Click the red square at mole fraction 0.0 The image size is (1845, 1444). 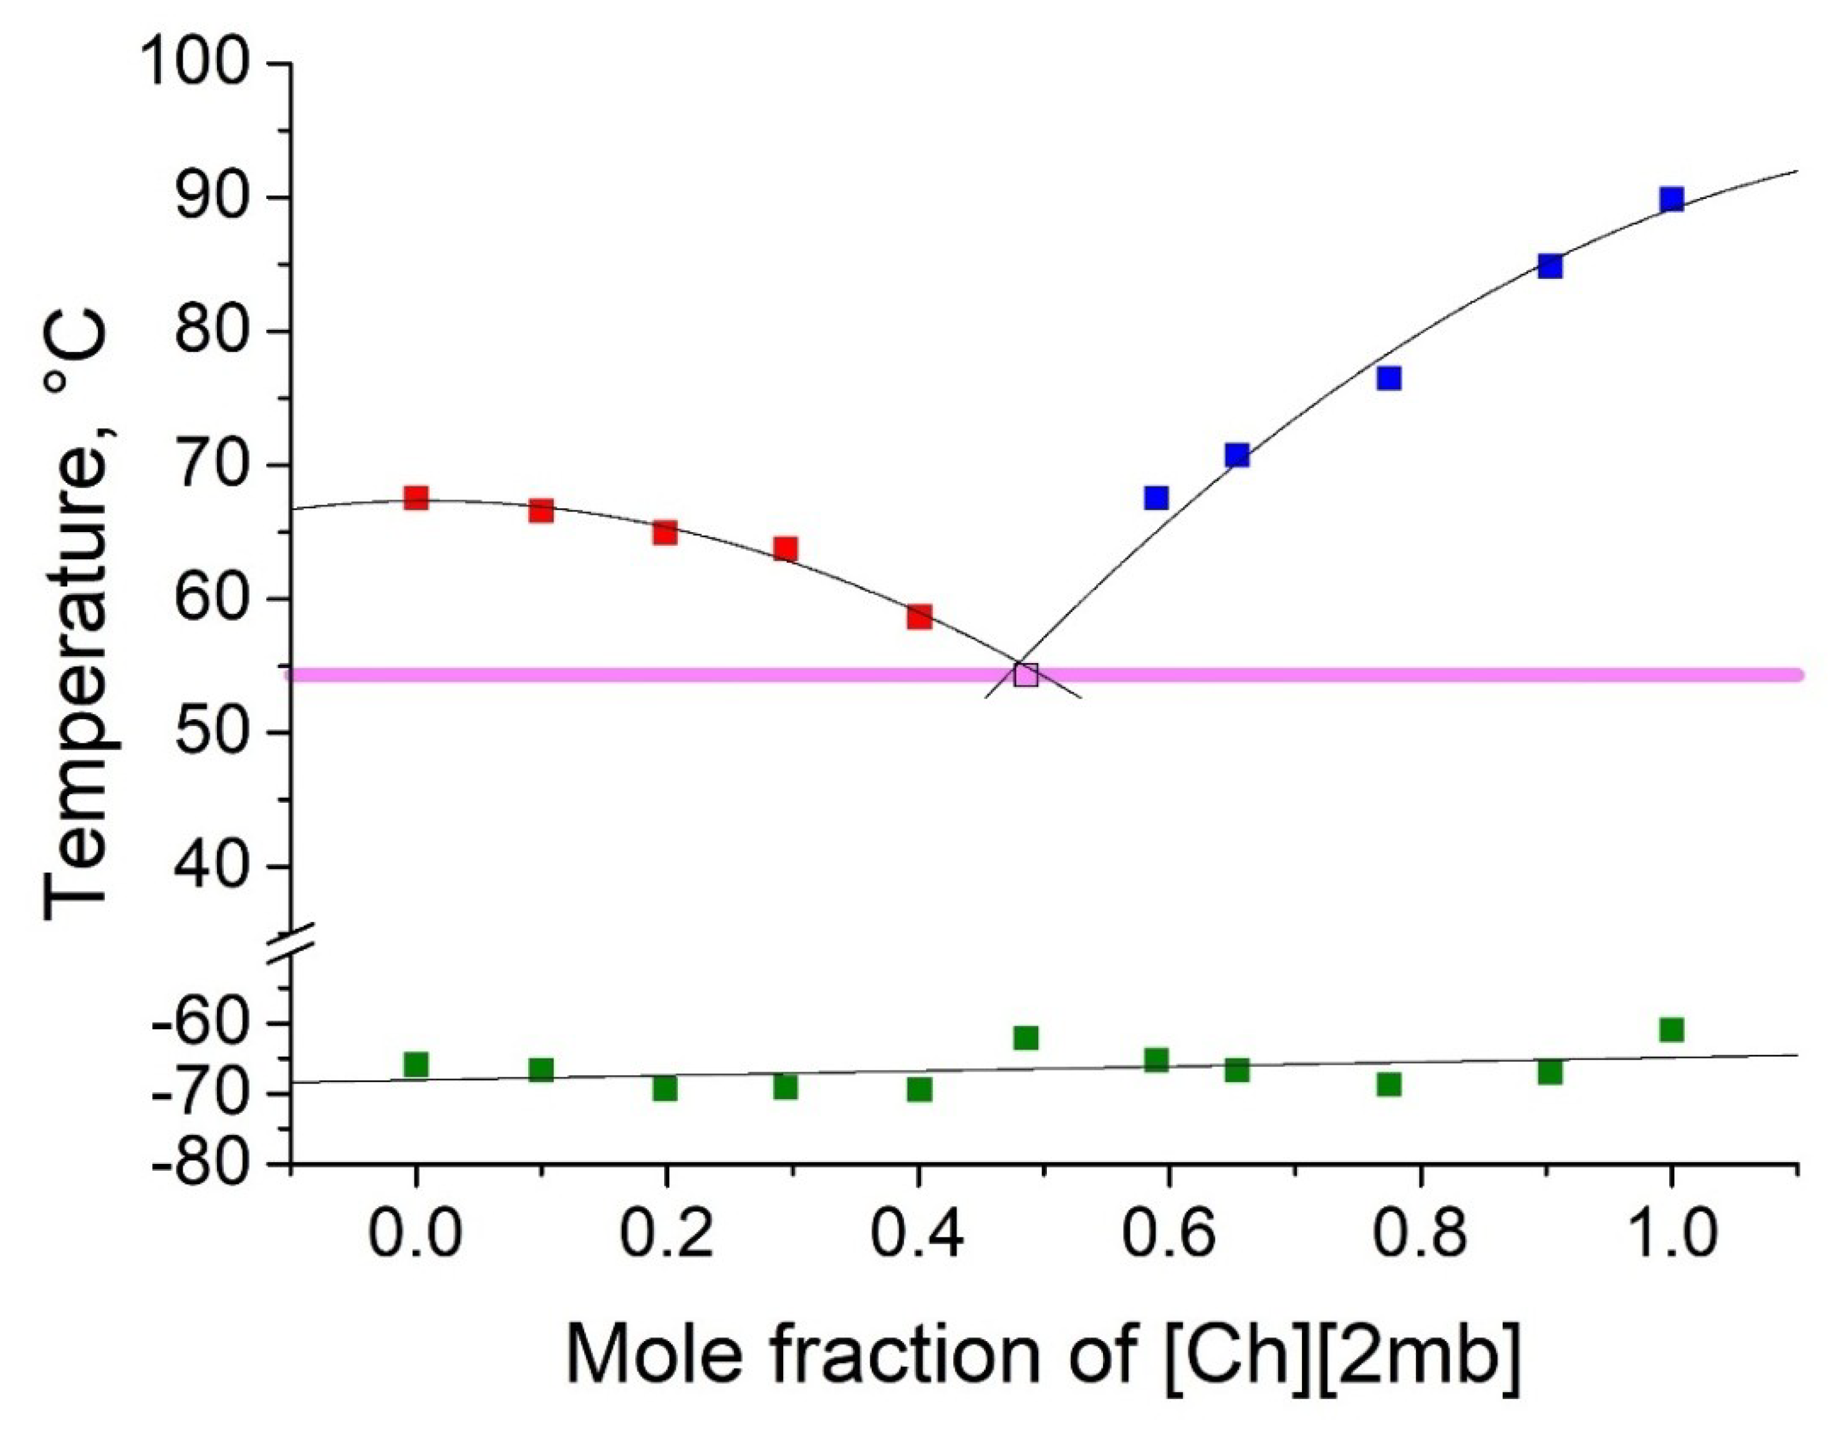pos(416,498)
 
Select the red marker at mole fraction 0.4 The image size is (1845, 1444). pos(920,616)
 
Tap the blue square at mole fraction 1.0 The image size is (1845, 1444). pos(1672,200)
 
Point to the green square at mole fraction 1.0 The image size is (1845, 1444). pos(1672,1030)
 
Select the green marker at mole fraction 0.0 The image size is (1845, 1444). pos(416,1064)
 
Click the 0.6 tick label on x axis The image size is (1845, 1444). pos(1168,1234)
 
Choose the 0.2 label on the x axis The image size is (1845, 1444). pos(666,1234)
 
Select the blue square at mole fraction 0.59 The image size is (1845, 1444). pos(1156,498)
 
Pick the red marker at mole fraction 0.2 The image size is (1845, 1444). pos(666,533)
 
